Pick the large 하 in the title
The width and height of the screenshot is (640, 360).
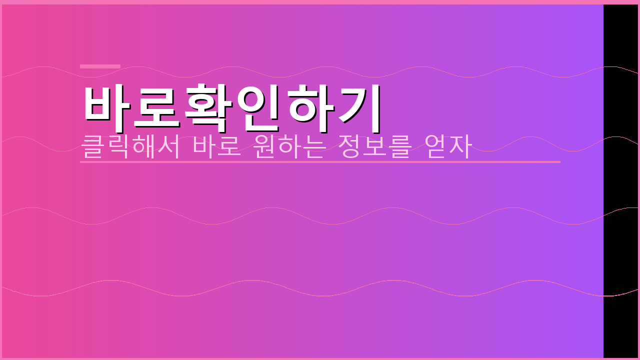[x=311, y=104]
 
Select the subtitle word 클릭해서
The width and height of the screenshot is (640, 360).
[x=130, y=146]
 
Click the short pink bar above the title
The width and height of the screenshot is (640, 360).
[x=100, y=66]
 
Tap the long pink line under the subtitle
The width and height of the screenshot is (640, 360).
[x=320, y=162]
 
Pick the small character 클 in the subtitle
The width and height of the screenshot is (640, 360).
[x=92, y=146]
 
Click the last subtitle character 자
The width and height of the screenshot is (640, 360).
[x=460, y=146]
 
